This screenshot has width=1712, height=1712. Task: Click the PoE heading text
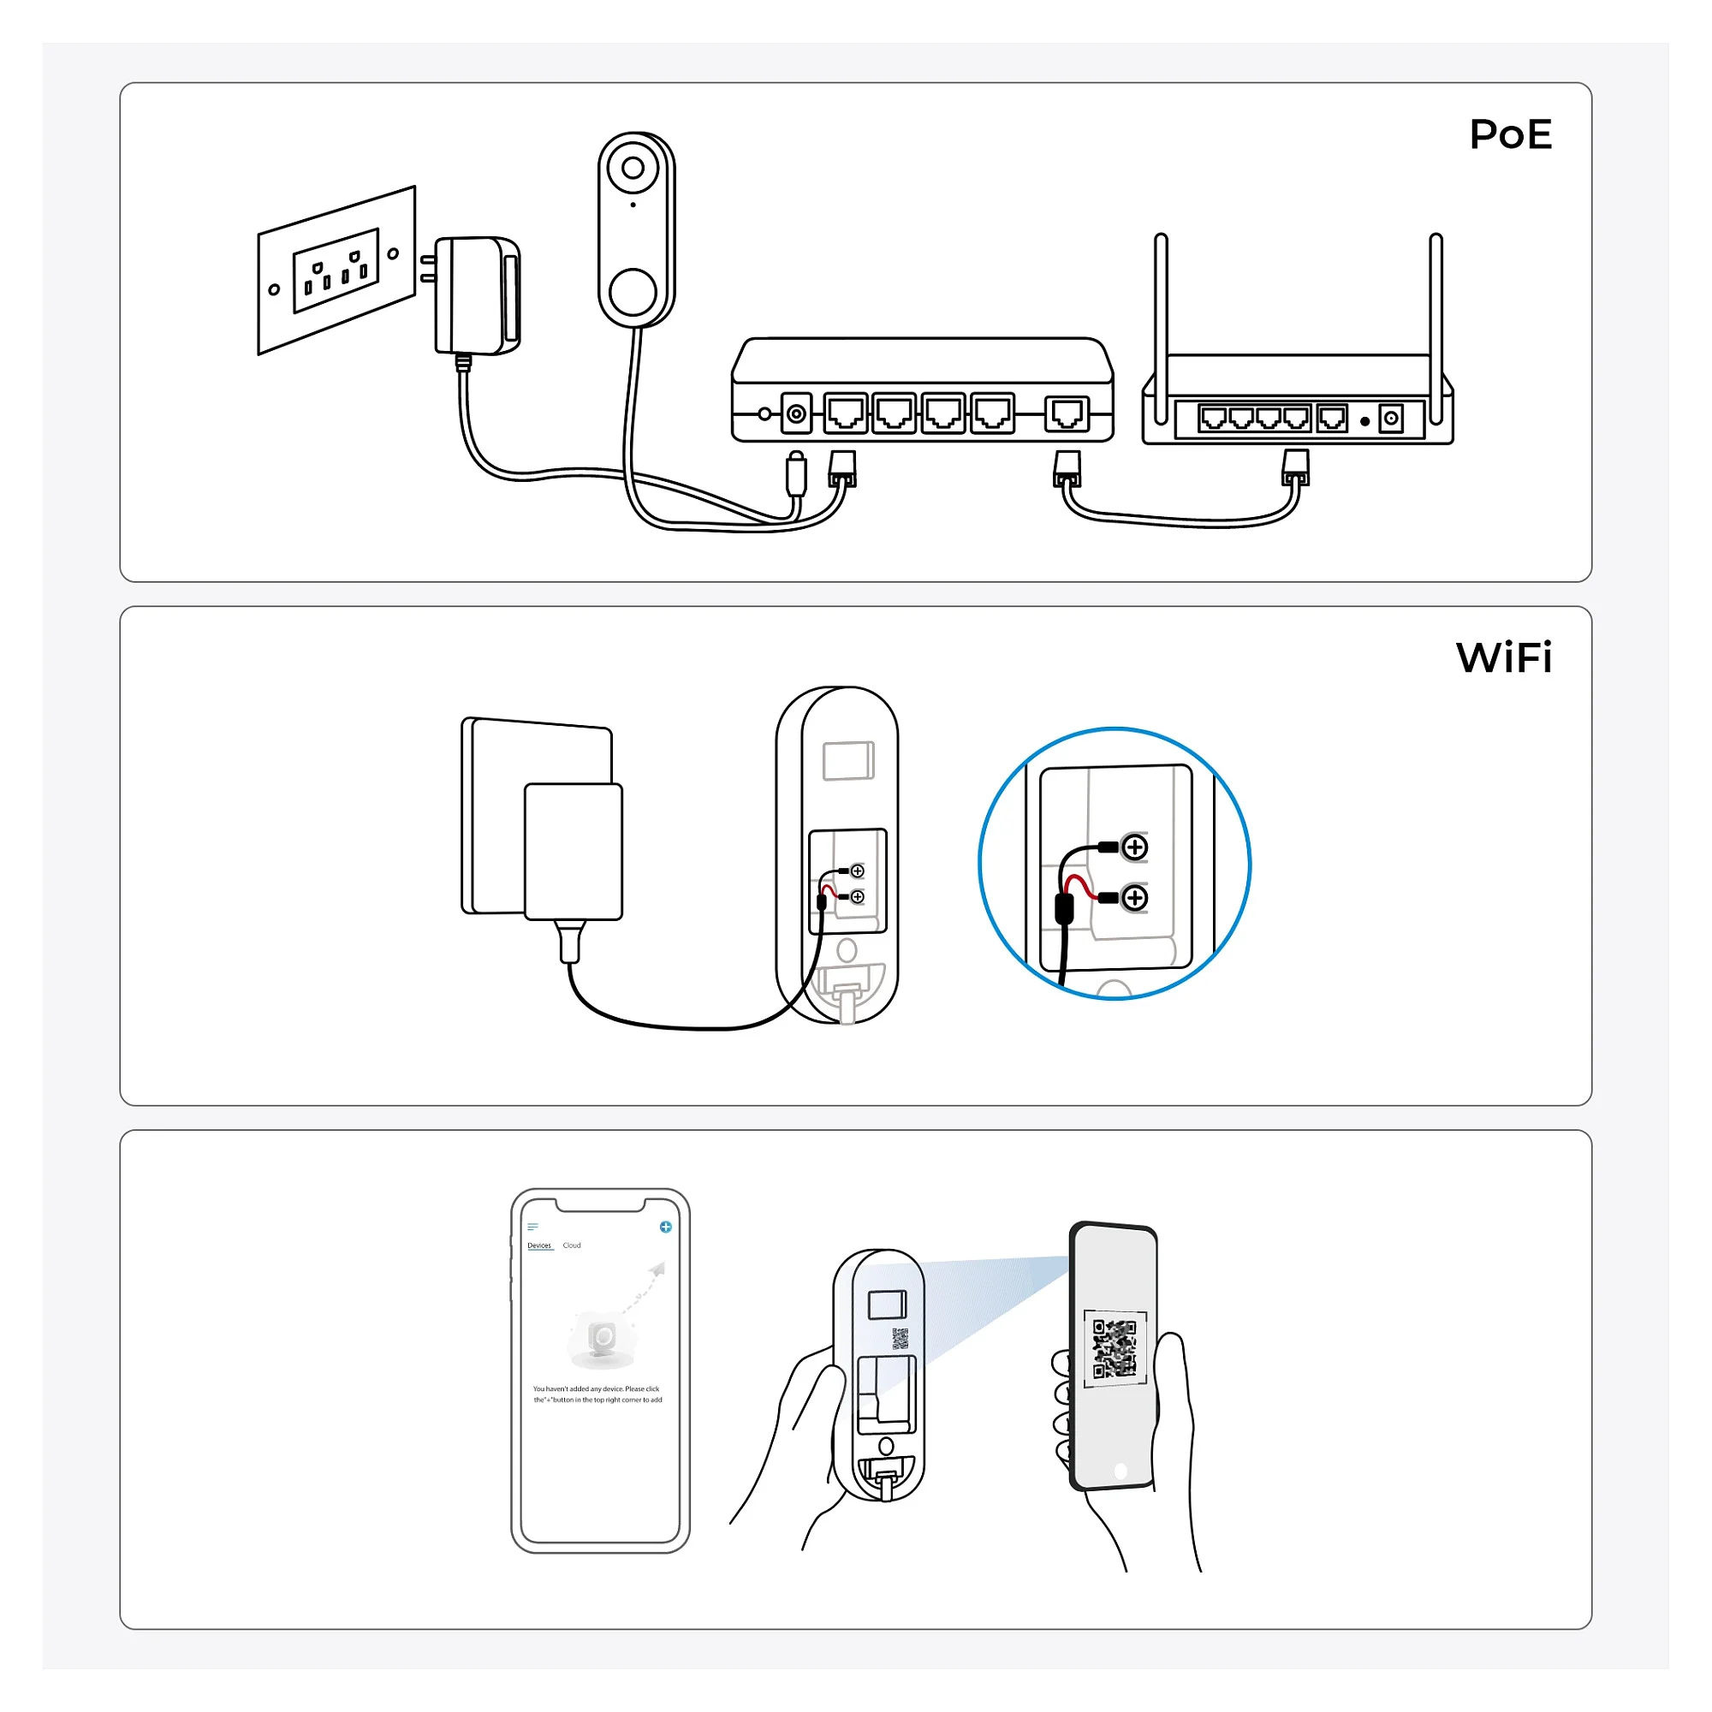point(1510,134)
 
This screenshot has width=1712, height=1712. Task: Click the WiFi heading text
point(1504,657)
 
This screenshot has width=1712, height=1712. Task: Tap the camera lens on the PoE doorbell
point(633,169)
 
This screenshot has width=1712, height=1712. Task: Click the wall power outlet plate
point(336,270)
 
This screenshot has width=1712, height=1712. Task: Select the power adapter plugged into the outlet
point(476,295)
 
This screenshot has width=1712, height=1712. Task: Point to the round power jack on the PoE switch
point(796,413)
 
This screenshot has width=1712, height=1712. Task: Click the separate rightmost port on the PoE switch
point(1067,413)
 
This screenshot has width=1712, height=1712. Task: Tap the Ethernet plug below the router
point(1295,467)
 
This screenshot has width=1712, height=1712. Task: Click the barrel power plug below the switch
point(796,473)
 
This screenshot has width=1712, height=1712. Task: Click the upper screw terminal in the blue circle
point(1134,847)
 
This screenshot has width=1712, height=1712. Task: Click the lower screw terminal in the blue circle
point(1134,899)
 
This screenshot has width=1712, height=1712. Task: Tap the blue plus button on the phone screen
point(665,1227)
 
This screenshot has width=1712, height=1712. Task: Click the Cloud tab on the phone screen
point(572,1245)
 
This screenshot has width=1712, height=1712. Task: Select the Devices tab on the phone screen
point(538,1245)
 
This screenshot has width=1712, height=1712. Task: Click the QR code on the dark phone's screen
point(1114,1348)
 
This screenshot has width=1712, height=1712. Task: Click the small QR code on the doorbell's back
point(900,1338)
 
